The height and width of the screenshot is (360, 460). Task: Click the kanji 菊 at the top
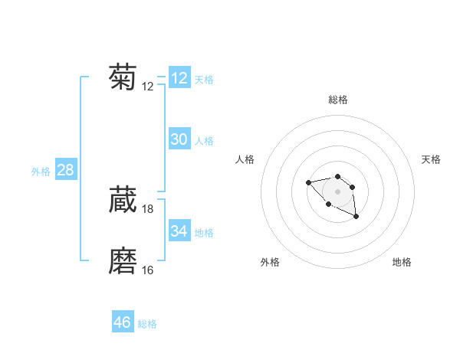pyautogui.click(x=123, y=78)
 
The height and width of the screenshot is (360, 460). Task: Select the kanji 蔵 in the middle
pyautogui.click(x=123, y=200)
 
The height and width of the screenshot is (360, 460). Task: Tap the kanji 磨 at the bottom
pyautogui.click(x=123, y=261)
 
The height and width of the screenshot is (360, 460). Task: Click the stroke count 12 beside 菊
pyautogui.click(x=148, y=87)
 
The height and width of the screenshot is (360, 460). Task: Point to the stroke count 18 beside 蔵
pyautogui.click(x=148, y=208)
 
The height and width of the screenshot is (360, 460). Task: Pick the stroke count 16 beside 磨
pyautogui.click(x=148, y=270)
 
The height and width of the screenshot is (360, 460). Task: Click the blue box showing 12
pyautogui.click(x=179, y=78)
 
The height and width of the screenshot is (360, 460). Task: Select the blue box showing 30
pyautogui.click(x=179, y=139)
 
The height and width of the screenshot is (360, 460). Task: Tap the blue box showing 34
pyautogui.click(x=179, y=231)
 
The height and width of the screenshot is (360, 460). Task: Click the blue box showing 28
pyautogui.click(x=65, y=170)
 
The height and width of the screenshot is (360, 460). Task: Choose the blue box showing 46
pyautogui.click(x=123, y=322)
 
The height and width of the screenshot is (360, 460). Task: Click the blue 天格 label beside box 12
pyautogui.click(x=204, y=80)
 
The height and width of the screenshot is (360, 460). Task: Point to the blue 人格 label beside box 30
pyautogui.click(x=204, y=141)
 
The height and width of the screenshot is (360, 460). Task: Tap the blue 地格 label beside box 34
pyautogui.click(x=204, y=232)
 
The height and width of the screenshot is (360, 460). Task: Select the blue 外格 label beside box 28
pyautogui.click(x=41, y=172)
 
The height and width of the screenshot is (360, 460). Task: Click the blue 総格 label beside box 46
pyautogui.click(x=147, y=324)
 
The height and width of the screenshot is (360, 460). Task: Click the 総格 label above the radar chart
pyautogui.click(x=338, y=100)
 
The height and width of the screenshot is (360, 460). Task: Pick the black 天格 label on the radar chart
pyautogui.click(x=431, y=159)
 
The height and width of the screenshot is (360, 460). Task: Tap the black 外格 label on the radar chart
pyautogui.click(x=270, y=262)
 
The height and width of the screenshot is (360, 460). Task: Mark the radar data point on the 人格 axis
pyautogui.click(x=308, y=182)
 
